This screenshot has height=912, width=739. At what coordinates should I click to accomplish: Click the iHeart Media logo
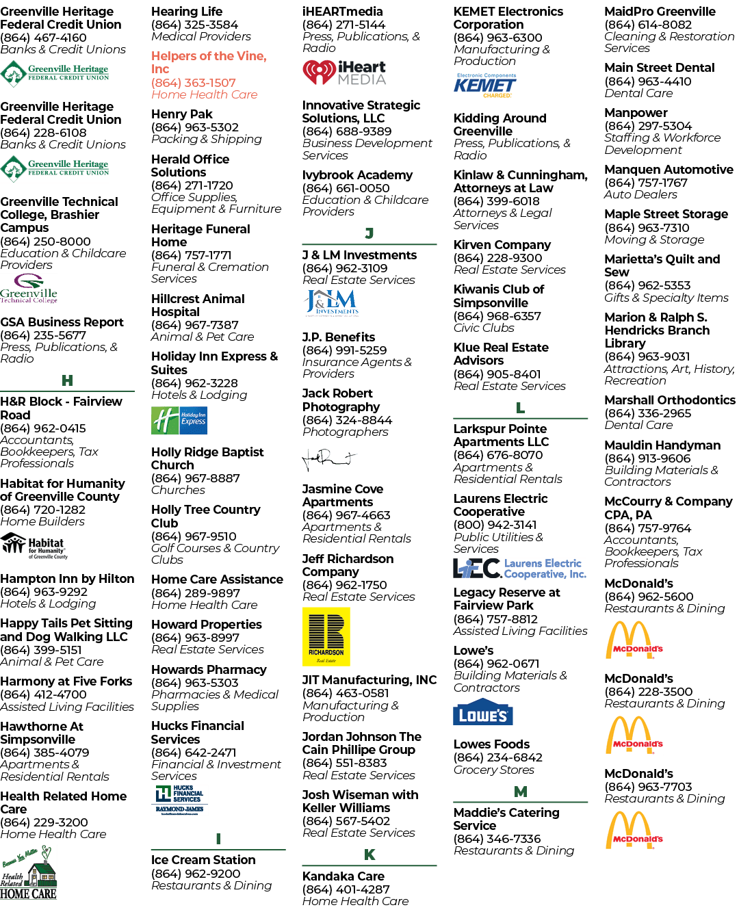coord(343,73)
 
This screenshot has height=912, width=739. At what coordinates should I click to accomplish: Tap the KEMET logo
coord(484,85)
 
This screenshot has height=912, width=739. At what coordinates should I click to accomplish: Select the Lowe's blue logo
coord(482,711)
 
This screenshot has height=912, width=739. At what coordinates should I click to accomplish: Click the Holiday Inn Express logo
coord(179,420)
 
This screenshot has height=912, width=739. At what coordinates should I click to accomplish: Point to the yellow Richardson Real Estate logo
coord(326,636)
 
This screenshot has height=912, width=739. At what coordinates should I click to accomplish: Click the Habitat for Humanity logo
coord(34,546)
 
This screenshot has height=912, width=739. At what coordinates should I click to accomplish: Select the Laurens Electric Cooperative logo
coord(519,568)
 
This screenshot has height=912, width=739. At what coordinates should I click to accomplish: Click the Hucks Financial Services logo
coord(179,799)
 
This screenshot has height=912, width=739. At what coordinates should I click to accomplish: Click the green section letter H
coord(67,380)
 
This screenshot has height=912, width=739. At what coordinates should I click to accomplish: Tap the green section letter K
coord(369,855)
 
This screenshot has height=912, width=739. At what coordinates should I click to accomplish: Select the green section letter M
coord(520,792)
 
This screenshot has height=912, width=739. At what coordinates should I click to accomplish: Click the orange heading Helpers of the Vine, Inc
coord(209,62)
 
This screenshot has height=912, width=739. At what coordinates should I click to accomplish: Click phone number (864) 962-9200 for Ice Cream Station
coord(195,873)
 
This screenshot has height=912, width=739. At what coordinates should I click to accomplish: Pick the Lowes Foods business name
coord(491,744)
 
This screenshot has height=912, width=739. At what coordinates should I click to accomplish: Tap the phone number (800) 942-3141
coord(495,525)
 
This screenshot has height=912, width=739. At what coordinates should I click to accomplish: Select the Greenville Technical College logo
coord(29,289)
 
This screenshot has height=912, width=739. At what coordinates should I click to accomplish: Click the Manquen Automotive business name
coord(669,170)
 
